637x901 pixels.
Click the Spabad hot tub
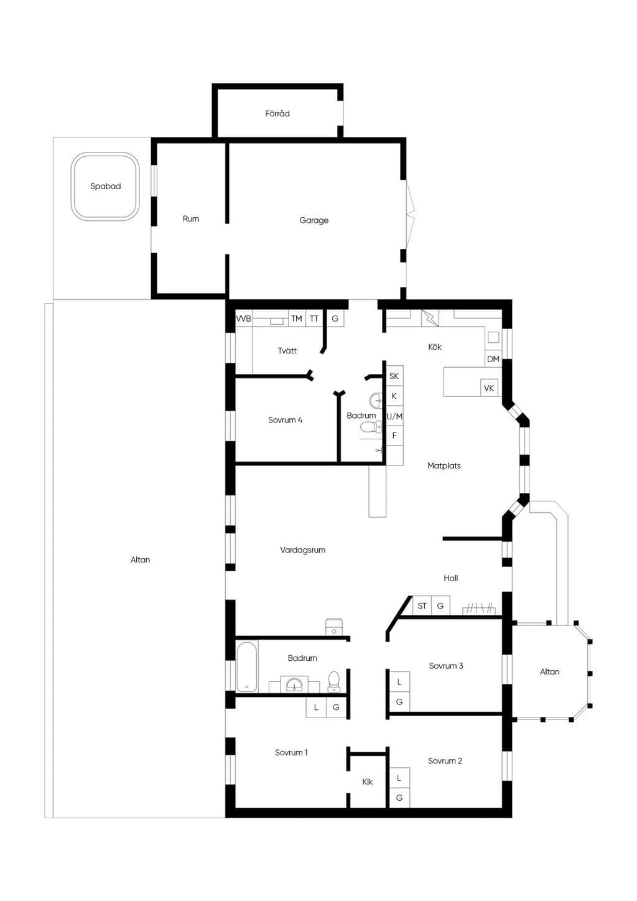click(x=105, y=186)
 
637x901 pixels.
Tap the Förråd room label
click(x=277, y=114)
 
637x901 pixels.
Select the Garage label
click(x=314, y=220)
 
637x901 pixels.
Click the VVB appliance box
click(x=243, y=319)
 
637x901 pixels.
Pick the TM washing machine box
click(x=297, y=319)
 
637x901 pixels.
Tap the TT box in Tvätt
click(x=314, y=319)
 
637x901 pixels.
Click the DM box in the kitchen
click(x=493, y=359)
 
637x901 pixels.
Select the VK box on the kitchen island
click(x=489, y=388)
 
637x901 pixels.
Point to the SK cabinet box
click(x=394, y=376)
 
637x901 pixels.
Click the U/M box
click(x=394, y=416)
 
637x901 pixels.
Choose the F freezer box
click(x=394, y=436)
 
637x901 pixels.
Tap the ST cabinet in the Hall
click(x=422, y=606)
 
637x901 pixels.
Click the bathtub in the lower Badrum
click(x=246, y=667)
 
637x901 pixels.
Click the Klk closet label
click(x=368, y=782)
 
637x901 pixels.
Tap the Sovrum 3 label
click(x=446, y=666)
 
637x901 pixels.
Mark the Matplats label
click(x=444, y=466)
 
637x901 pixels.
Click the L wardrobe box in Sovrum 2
click(x=399, y=778)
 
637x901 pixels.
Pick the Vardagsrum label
click(x=303, y=550)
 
